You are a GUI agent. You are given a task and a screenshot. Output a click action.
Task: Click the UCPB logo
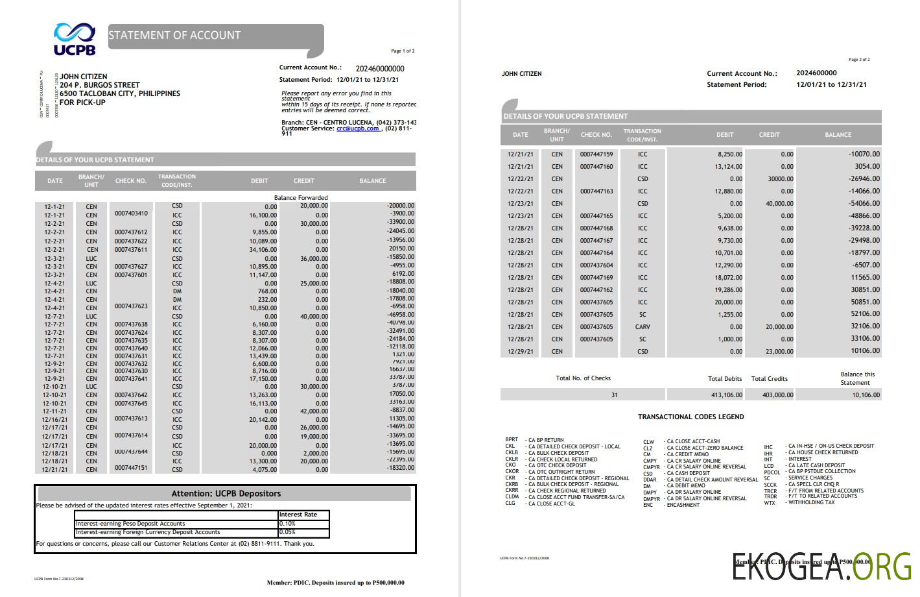(75, 39)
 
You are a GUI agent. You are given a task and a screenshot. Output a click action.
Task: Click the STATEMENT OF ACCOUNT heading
(174, 36)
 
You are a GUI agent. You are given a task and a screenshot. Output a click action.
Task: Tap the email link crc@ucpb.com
(357, 128)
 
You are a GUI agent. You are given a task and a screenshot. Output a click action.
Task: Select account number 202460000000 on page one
(380, 69)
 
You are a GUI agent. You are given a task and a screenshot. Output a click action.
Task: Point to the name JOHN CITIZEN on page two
(521, 74)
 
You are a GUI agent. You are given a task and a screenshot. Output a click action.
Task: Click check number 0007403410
(131, 213)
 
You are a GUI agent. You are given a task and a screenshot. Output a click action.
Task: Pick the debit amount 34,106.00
(263, 250)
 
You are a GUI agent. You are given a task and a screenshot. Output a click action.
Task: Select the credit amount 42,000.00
(314, 411)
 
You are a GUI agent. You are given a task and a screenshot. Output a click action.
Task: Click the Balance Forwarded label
(301, 198)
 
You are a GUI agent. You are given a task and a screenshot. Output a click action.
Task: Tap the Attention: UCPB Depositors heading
(226, 494)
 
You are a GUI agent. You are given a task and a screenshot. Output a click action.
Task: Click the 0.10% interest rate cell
(287, 524)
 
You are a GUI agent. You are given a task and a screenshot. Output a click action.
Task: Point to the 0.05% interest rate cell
(287, 532)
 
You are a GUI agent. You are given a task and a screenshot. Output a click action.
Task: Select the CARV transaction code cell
(643, 327)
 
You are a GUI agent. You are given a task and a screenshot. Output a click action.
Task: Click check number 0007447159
(596, 154)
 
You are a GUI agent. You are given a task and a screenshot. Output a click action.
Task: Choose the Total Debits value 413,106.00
(726, 395)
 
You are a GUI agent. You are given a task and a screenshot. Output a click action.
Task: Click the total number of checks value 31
(614, 395)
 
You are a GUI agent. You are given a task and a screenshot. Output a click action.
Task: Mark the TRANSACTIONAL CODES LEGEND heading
(690, 417)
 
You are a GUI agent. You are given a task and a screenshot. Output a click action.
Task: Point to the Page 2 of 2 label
(859, 60)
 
